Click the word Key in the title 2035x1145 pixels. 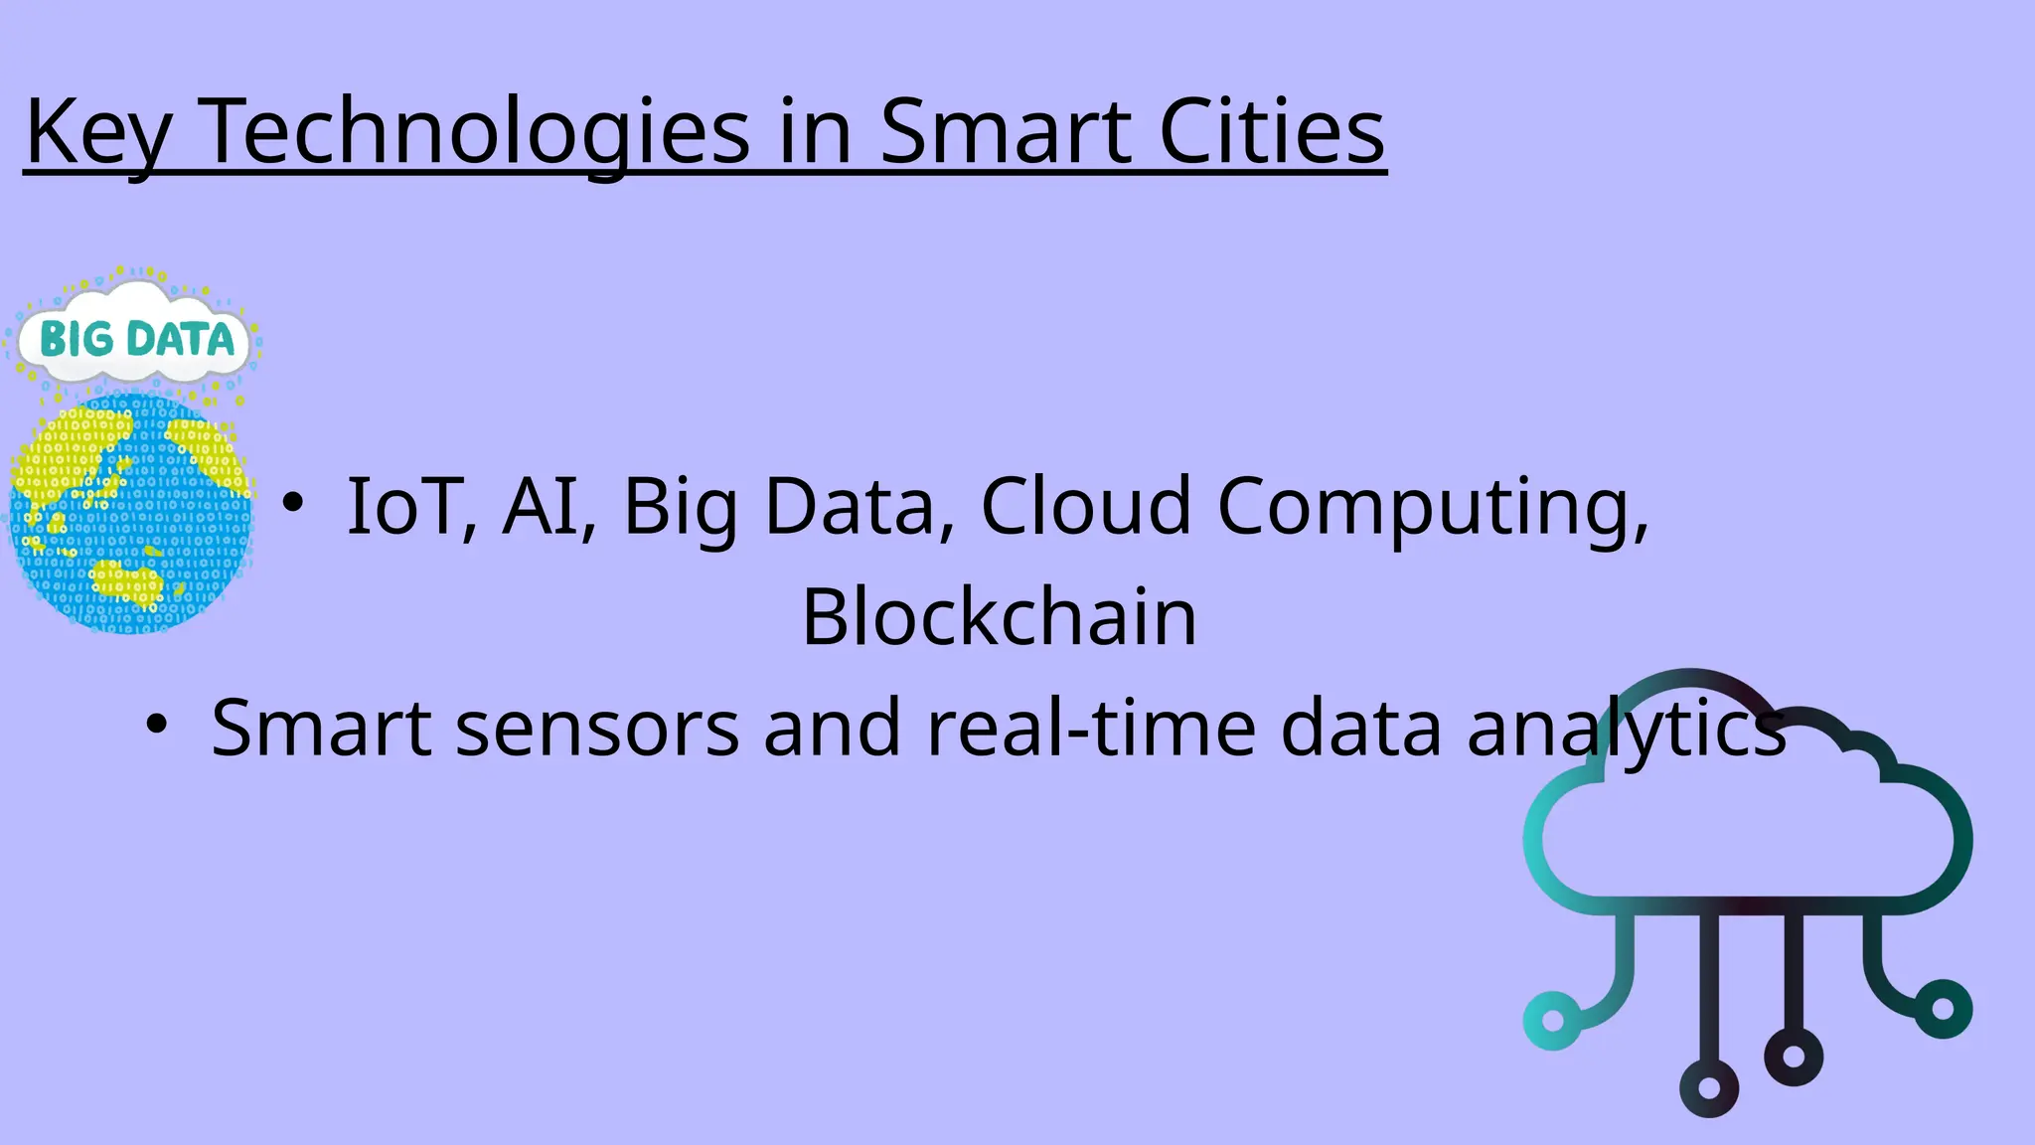pyautogui.click(x=97, y=133)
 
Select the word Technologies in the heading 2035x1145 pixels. pyautogui.click(x=478, y=133)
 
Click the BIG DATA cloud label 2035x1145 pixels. pyautogui.click(x=136, y=338)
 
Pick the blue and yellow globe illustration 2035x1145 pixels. pyautogui.click(x=130, y=513)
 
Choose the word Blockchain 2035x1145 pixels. pyautogui.click(x=999, y=617)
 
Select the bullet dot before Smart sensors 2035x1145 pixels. pyautogui.click(x=156, y=725)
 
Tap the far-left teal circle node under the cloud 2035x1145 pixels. pyautogui.click(x=1552, y=1020)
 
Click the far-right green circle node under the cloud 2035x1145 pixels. pyautogui.click(x=1944, y=1008)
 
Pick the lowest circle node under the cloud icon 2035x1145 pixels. pyautogui.click(x=1709, y=1087)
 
